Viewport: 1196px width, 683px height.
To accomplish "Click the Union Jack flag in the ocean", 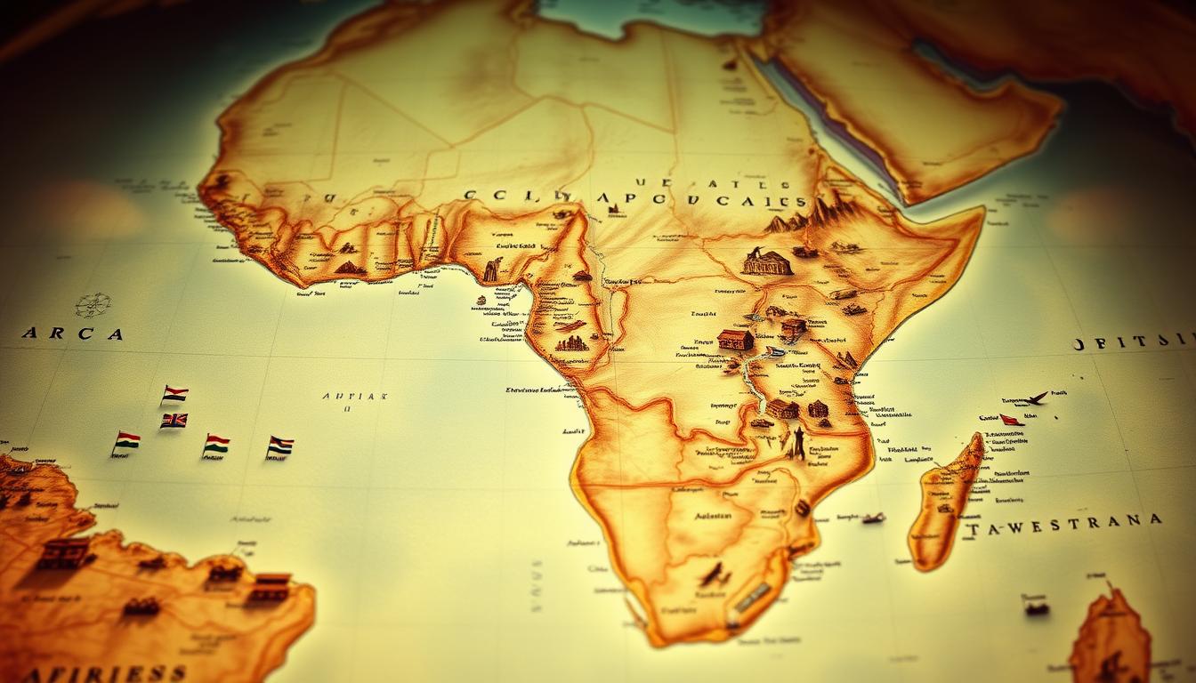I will click(x=174, y=421).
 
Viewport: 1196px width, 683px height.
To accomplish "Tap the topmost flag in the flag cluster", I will click(x=174, y=393).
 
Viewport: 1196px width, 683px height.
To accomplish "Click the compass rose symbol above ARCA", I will click(x=93, y=305).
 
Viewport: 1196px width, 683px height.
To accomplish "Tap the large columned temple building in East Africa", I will click(x=767, y=262).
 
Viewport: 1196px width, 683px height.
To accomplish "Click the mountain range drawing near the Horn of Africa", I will click(x=814, y=213).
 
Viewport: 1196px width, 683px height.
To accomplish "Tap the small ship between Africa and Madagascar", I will click(x=872, y=518).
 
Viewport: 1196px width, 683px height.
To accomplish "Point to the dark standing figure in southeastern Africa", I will click(x=798, y=443).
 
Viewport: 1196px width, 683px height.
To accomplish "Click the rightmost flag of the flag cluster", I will click(x=279, y=446).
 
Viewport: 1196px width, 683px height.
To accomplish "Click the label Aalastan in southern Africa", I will click(x=714, y=515).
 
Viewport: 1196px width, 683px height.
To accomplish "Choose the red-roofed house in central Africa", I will click(x=735, y=339).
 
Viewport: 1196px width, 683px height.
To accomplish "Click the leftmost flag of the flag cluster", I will click(x=127, y=441).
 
